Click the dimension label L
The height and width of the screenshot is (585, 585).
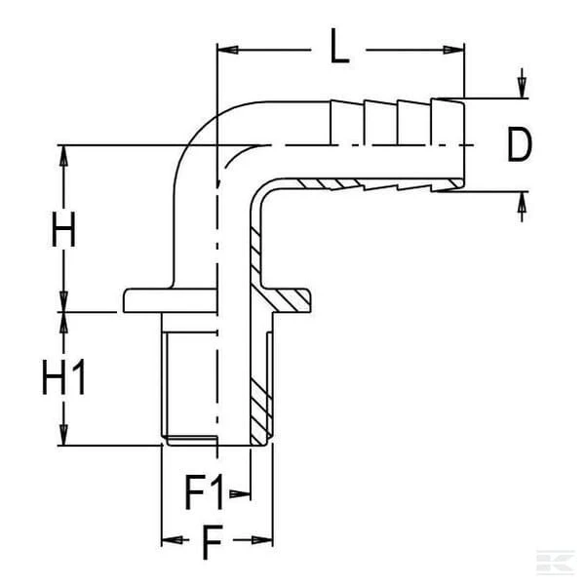click(339, 46)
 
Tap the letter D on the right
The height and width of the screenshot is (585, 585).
click(520, 144)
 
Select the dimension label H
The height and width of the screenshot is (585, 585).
click(63, 229)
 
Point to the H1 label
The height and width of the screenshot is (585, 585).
click(63, 377)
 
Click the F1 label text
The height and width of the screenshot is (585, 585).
click(204, 492)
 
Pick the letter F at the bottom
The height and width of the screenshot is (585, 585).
click(213, 542)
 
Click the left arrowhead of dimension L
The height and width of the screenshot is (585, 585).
click(227, 50)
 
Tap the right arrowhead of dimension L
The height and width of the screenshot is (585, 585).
click(453, 50)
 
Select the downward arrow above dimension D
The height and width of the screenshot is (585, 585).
click(522, 83)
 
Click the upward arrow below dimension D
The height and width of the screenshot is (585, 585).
click(522, 207)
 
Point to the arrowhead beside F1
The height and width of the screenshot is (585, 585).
click(240, 494)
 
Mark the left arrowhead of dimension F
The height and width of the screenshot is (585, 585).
click(172, 540)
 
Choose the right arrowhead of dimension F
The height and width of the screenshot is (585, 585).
click(262, 540)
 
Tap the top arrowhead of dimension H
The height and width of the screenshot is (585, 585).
click(63, 156)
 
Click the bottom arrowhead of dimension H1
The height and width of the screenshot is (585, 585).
click(63, 435)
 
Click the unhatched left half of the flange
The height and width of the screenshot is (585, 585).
click(170, 300)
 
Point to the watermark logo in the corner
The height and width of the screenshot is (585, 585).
click(555, 562)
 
